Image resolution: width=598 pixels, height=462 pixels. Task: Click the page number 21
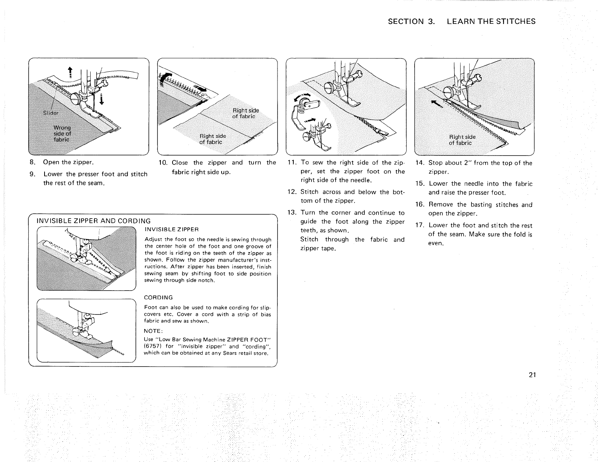532,375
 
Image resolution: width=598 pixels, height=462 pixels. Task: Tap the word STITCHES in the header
516,22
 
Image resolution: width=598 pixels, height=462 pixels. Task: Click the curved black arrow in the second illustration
164,80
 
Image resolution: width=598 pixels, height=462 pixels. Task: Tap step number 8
33,163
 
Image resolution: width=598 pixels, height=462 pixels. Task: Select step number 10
163,163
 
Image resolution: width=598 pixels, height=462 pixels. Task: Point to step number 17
420,226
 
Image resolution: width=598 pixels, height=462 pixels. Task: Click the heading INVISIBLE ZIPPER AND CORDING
93,221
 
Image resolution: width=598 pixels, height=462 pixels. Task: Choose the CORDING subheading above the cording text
159,297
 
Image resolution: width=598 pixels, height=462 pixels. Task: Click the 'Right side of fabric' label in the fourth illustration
462,140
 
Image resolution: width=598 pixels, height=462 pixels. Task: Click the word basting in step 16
484,205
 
